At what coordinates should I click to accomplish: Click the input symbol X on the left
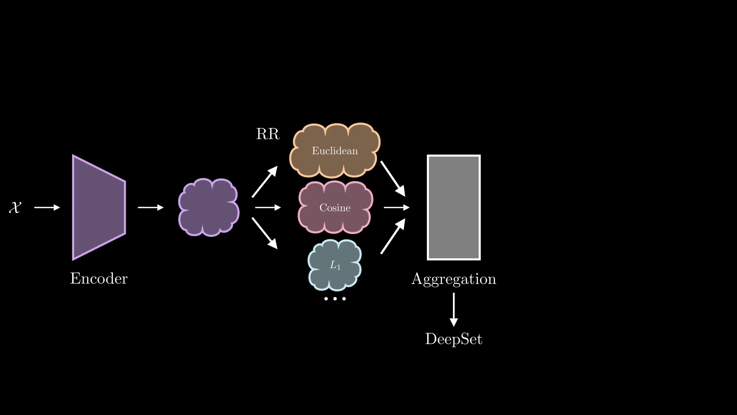point(15,207)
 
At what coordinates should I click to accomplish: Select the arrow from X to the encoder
point(47,207)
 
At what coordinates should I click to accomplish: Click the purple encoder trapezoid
point(98,207)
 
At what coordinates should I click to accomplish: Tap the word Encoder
point(99,279)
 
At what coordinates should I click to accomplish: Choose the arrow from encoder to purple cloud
point(150,207)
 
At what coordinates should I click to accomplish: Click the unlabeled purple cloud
point(209,207)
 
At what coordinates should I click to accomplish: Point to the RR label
point(268,134)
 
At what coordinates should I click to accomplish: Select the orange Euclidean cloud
point(335,151)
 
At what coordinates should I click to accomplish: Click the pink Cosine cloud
point(335,208)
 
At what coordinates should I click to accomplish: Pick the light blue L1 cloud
point(335,265)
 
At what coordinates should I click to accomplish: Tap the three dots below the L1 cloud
point(335,299)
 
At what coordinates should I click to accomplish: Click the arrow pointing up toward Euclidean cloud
point(264,182)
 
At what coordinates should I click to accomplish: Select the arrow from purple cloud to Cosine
point(268,207)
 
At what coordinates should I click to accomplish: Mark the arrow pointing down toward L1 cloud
point(264,233)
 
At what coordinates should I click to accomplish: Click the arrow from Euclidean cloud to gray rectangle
point(393,179)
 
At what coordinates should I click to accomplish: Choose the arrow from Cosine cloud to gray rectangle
point(396,207)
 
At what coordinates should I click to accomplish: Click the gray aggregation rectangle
point(454,207)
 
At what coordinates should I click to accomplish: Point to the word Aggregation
point(454,279)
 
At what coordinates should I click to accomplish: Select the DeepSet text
point(454,339)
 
